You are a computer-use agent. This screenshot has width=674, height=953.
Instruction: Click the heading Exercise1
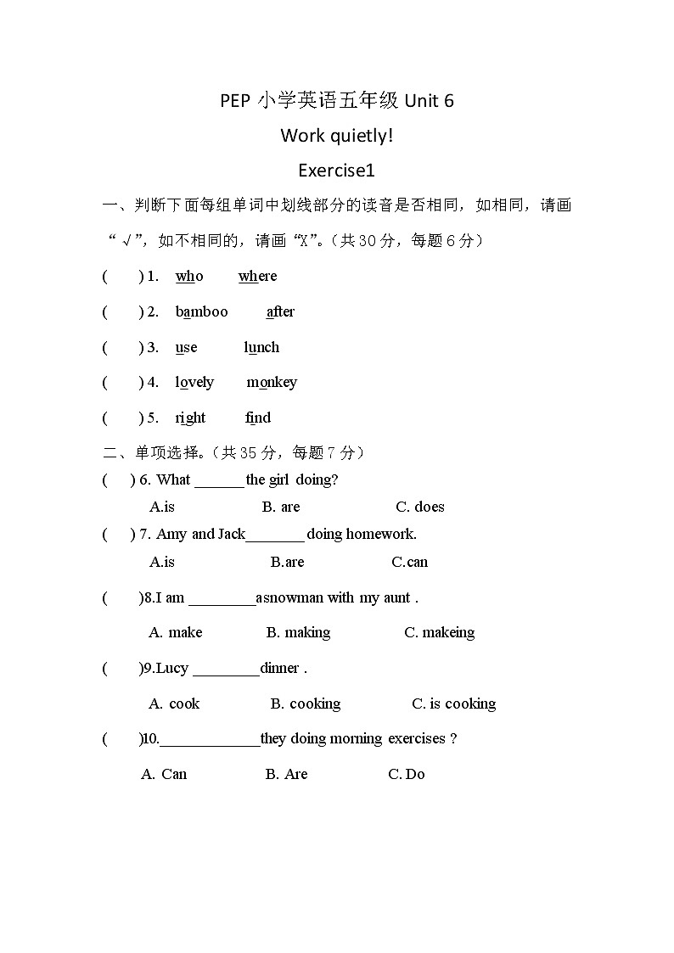(337, 170)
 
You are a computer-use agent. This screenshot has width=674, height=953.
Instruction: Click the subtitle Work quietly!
(337, 135)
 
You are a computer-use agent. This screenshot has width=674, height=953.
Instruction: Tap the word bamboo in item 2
(202, 311)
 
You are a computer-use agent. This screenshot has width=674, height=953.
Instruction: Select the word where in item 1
(257, 276)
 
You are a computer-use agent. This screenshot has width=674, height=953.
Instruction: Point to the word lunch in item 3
(261, 347)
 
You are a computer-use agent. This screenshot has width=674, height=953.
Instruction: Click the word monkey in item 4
(272, 382)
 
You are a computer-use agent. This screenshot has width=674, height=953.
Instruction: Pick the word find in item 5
(258, 418)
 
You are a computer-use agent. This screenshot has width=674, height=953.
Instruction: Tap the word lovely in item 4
(194, 382)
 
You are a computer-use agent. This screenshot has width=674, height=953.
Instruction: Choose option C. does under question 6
(419, 507)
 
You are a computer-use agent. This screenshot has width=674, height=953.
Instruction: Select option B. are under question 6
(281, 507)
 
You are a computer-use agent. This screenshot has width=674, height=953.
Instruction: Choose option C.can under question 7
(409, 562)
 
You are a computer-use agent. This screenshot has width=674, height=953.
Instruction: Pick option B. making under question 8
(298, 632)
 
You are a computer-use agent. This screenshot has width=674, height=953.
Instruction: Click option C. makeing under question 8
(439, 632)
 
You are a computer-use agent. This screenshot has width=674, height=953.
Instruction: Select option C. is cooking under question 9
(453, 704)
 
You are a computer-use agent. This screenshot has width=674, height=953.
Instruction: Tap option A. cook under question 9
(174, 704)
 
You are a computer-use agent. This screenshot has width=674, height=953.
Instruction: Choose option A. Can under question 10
(164, 774)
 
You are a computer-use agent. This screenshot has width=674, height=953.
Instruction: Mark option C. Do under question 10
(406, 774)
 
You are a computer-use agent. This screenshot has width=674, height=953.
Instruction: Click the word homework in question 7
(380, 534)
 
